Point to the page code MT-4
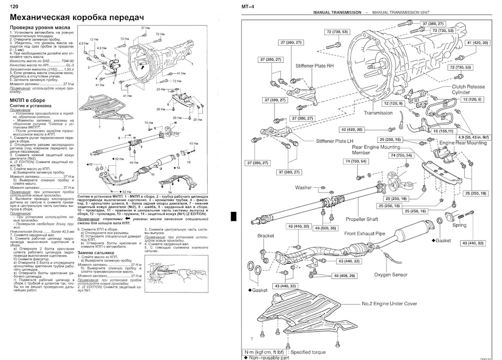tap(248, 7)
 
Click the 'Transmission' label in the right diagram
tap(378, 113)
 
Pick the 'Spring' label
tap(459, 225)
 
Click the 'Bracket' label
tap(266, 236)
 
